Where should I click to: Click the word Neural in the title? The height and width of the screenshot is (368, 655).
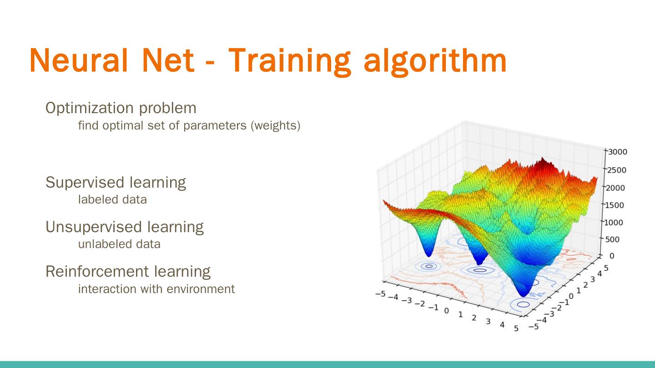click(x=79, y=60)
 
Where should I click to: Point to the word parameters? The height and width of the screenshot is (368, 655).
click(x=215, y=126)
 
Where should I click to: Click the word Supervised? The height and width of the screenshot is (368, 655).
click(x=85, y=183)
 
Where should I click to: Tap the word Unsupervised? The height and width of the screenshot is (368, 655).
click(x=94, y=227)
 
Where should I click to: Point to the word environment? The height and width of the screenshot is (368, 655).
click(x=201, y=289)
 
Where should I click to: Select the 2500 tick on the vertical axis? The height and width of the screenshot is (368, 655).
click(x=617, y=170)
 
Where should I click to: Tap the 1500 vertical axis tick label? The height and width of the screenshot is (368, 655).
click(x=615, y=205)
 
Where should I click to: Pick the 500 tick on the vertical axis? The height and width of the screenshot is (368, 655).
click(x=612, y=239)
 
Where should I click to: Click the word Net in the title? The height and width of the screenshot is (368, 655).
click(x=168, y=60)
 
